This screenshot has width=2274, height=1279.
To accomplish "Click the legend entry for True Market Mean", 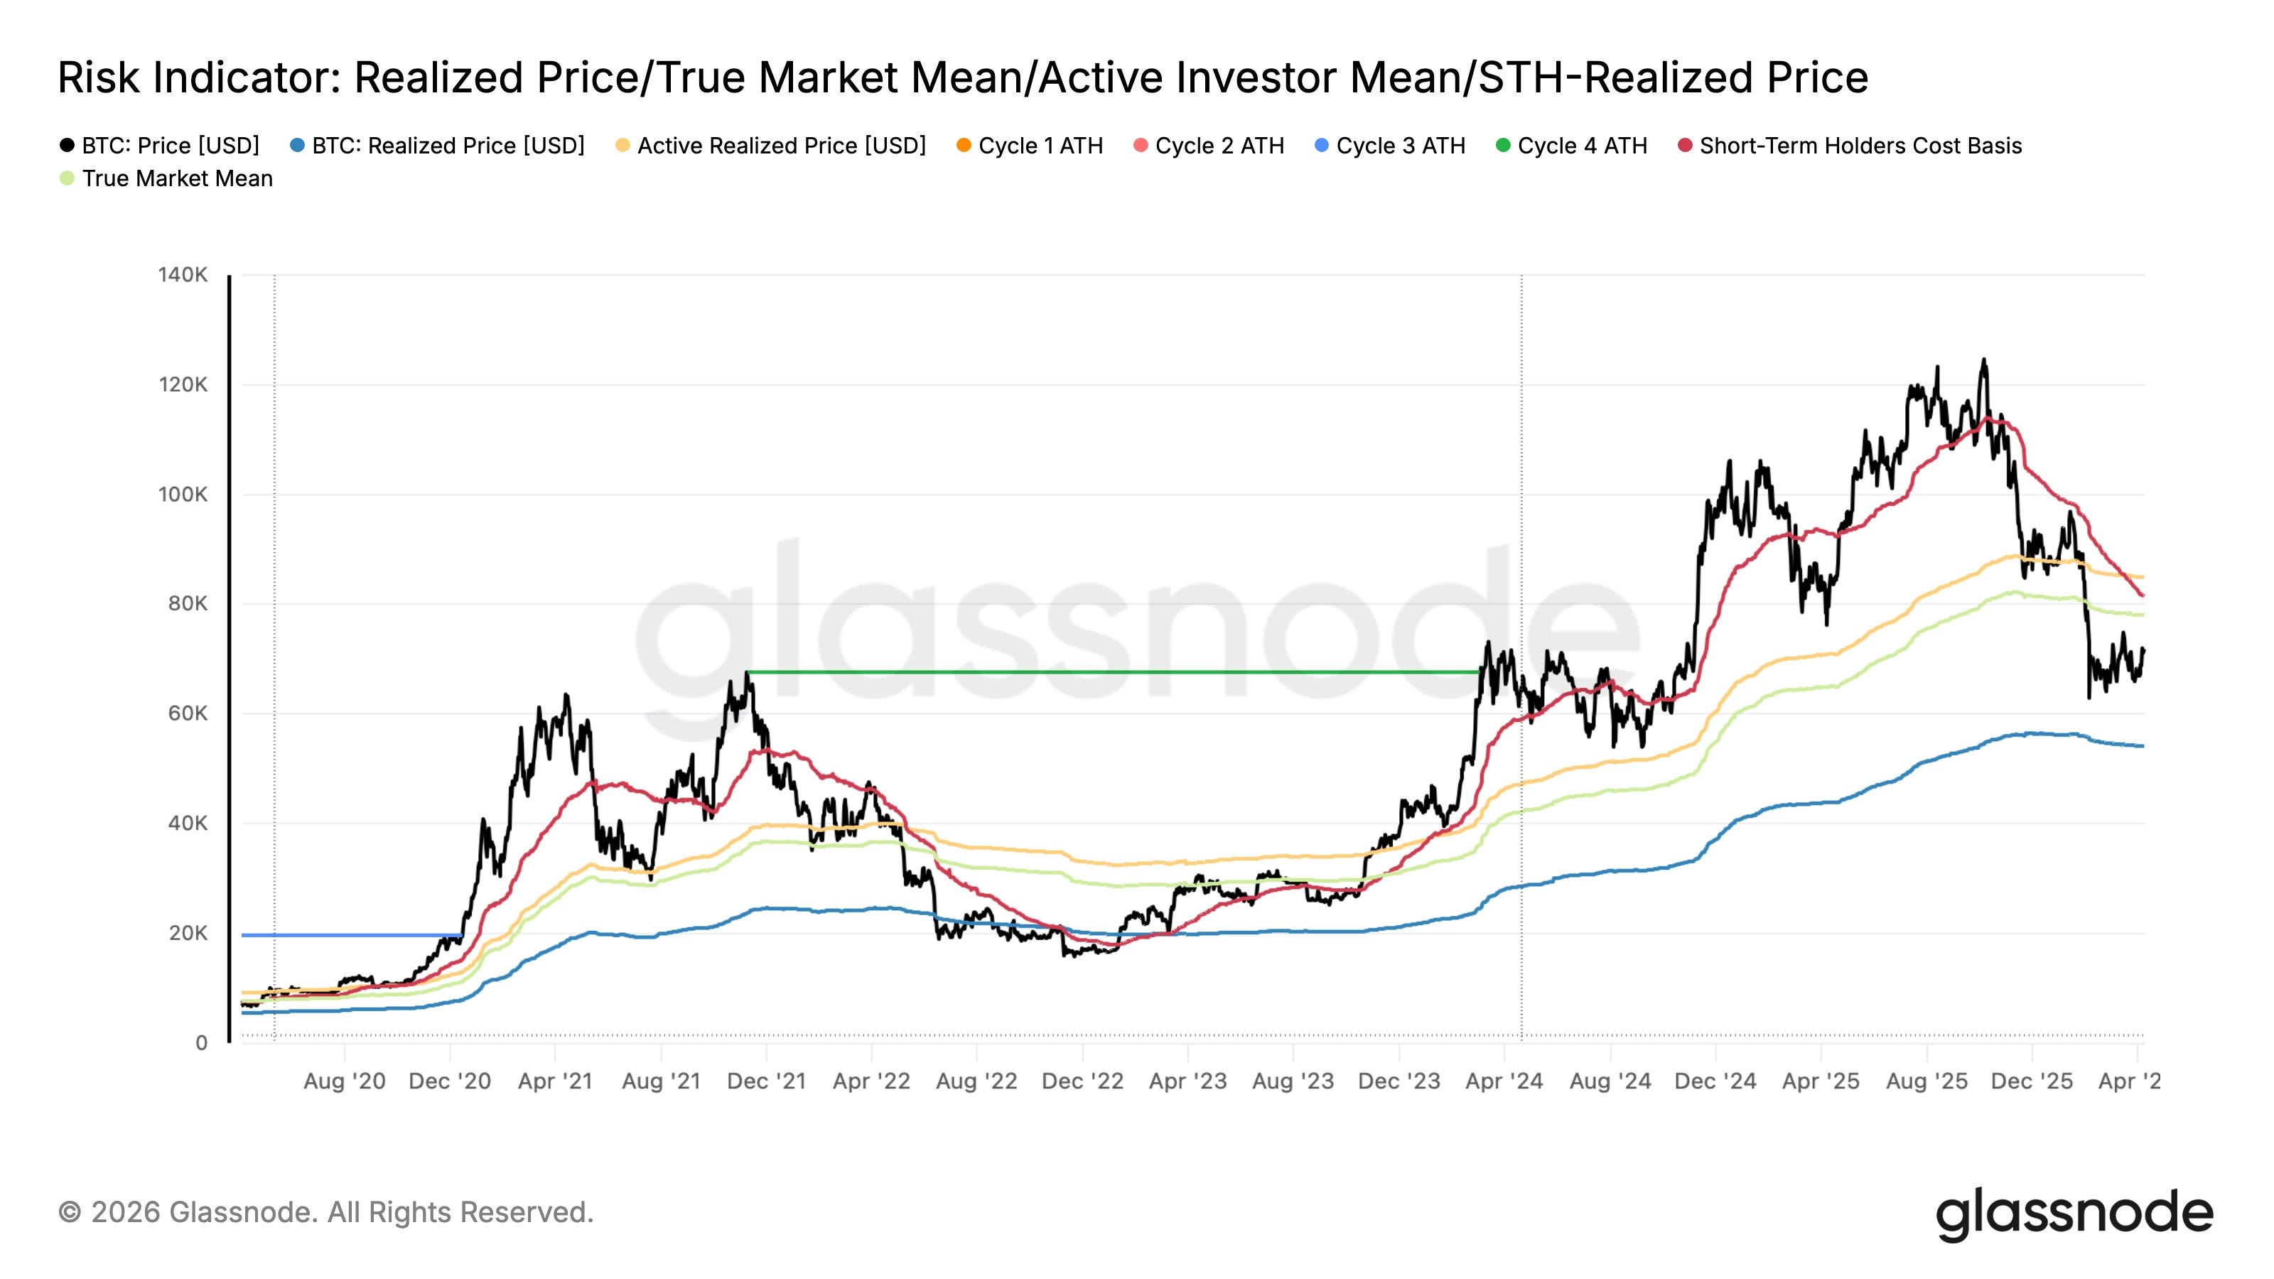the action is tap(166, 178).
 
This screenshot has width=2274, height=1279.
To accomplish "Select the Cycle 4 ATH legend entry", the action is tap(1571, 146).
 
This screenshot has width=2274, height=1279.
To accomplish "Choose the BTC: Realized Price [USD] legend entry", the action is tap(437, 146).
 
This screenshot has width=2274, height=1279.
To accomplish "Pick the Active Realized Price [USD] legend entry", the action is tap(770, 146).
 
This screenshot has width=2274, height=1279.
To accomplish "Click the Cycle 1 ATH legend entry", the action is tap(1029, 146).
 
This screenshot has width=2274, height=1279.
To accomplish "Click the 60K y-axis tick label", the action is tap(187, 713).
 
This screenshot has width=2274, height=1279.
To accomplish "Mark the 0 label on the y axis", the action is tap(201, 1042).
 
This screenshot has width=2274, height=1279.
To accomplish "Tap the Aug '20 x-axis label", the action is tap(344, 1081).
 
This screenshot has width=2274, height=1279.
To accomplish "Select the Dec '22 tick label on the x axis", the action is tap(1082, 1081).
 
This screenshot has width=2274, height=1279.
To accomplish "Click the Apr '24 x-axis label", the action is tap(1504, 1081).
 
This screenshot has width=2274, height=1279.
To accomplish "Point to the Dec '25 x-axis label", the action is tap(2032, 1081).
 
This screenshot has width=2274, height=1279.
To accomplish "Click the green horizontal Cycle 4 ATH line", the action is tap(1113, 673).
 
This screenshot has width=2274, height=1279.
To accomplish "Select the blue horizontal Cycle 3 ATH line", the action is tap(351, 936).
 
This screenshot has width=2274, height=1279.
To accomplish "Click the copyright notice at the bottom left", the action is tap(325, 1213).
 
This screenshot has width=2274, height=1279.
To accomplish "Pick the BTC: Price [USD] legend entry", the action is tap(160, 146).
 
